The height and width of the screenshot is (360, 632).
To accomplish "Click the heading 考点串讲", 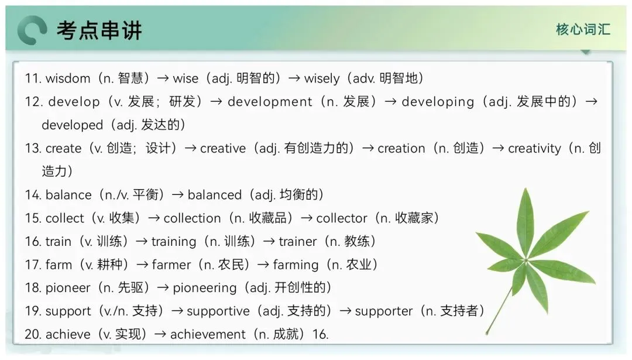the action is [x=99, y=30].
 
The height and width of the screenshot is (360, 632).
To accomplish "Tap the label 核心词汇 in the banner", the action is [x=583, y=29].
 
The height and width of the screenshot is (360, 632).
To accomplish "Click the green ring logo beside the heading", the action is [x=32, y=30].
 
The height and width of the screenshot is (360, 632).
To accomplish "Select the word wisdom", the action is [x=68, y=78].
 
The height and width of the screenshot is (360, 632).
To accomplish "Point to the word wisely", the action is [x=322, y=78].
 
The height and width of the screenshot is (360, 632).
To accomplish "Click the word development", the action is [x=270, y=102].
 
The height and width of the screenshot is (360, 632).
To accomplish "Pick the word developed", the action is [x=72, y=125].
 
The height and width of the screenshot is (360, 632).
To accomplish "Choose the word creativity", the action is [x=534, y=149].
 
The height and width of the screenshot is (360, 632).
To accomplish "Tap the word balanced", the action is [x=214, y=195].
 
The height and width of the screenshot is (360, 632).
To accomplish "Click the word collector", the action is [x=341, y=218].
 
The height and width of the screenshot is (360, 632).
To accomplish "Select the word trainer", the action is [x=297, y=242].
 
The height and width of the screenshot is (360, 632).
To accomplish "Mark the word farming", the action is [x=296, y=265].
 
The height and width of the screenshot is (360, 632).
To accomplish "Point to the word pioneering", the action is [x=204, y=288].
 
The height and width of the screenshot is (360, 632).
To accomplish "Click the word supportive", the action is [x=218, y=311].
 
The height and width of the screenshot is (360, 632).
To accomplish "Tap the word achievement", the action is [x=208, y=335].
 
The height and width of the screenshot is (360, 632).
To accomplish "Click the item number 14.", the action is [x=33, y=195].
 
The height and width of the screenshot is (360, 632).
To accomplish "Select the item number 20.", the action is [x=33, y=335].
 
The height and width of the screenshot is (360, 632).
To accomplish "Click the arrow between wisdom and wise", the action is [x=163, y=78].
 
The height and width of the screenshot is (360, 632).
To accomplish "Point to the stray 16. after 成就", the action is [x=321, y=335].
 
